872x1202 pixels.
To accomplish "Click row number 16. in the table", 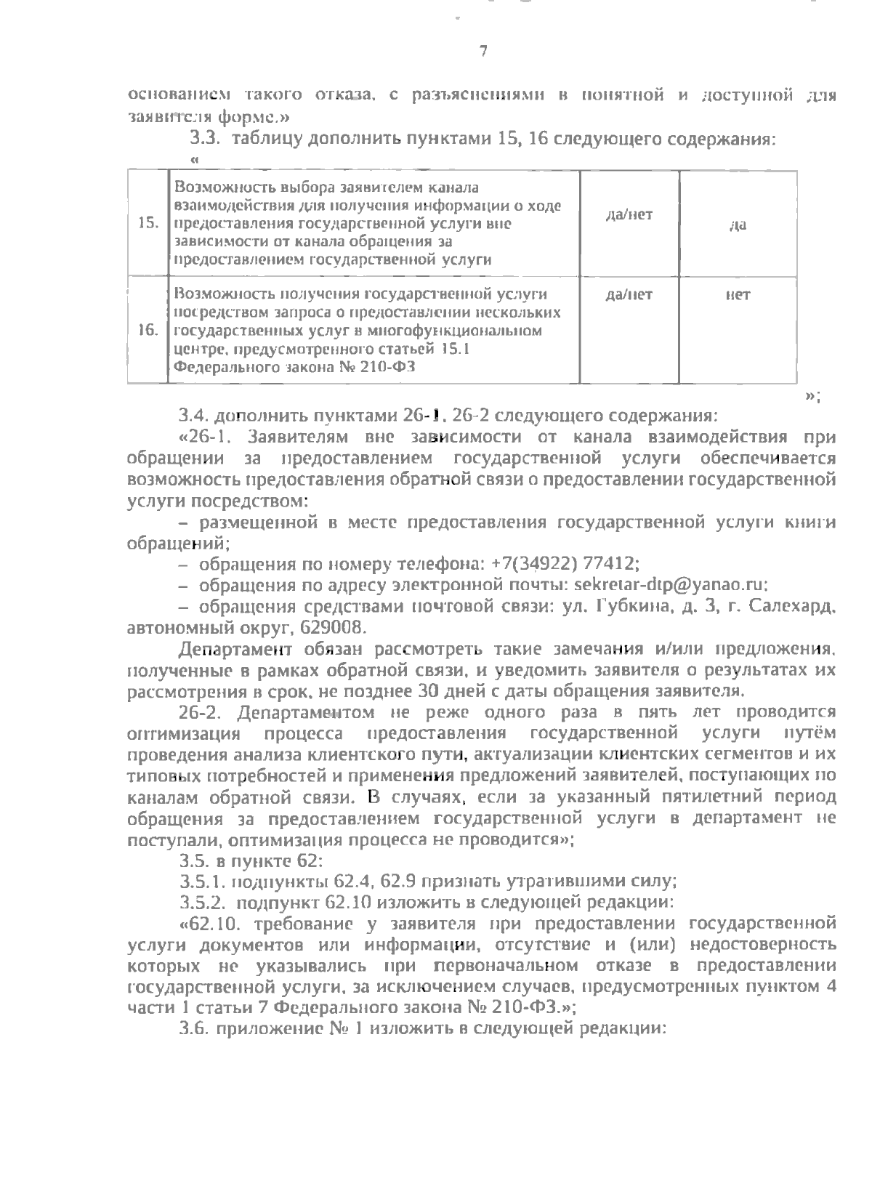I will coord(148,331).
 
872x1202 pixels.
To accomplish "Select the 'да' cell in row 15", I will coord(738,225).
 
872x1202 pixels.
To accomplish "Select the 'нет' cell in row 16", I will coord(738,294).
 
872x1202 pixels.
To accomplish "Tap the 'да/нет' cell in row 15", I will coord(629,214).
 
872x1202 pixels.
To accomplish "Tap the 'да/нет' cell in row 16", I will coord(629,294).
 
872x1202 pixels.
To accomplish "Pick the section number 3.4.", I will coord(194,416).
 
